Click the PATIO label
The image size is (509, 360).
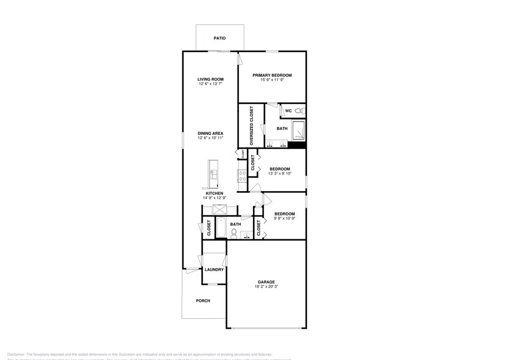219,38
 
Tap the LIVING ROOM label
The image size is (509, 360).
210,79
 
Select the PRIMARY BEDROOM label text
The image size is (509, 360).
272,75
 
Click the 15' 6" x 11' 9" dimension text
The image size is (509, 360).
272,80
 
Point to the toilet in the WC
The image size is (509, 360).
299,111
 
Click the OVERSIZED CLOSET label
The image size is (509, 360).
251,126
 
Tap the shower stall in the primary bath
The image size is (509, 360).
298,130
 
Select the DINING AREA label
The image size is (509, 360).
210,133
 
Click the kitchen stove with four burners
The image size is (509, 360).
242,173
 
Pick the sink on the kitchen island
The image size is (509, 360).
213,173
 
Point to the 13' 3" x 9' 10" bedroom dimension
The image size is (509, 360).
279,173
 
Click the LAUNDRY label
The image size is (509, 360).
214,269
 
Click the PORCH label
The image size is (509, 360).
203,301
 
